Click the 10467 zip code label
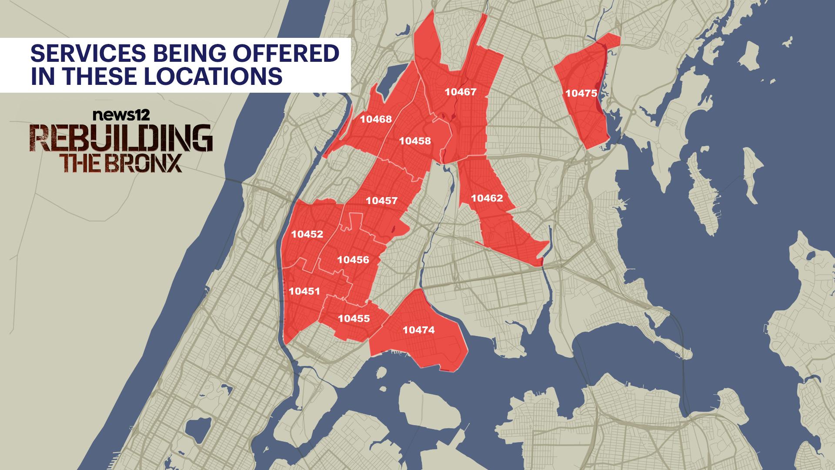coord(461,92)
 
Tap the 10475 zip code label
coord(581,93)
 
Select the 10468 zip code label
coord(376,119)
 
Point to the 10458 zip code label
coord(415,141)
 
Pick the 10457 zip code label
coord(381,201)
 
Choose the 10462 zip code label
coord(487,198)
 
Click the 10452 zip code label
coord(307,234)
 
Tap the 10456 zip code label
coord(353,260)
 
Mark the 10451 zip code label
coord(304,291)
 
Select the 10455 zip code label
coord(354,319)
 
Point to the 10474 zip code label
coord(418,330)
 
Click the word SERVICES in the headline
coord(88,54)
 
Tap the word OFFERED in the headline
coord(286,54)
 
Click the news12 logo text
coord(121,115)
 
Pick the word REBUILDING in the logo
coord(121,138)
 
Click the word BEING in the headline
coord(189,54)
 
